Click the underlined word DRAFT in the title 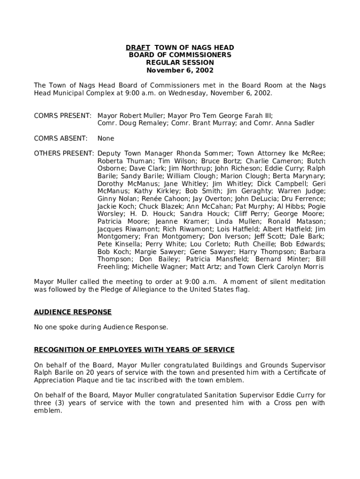pyautogui.click(x=137, y=48)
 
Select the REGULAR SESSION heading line pyautogui.click(x=180, y=63)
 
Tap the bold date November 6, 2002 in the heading pyautogui.click(x=180, y=70)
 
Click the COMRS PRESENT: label pyautogui.click(x=63, y=116)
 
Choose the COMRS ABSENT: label pyautogui.click(x=61, y=138)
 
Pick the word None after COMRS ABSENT pyautogui.click(x=106, y=138)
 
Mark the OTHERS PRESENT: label pyautogui.click(x=64, y=153)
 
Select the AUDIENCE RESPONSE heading pyautogui.click(x=73, y=312)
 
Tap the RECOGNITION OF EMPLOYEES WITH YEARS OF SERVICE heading pyautogui.click(x=134, y=350)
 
